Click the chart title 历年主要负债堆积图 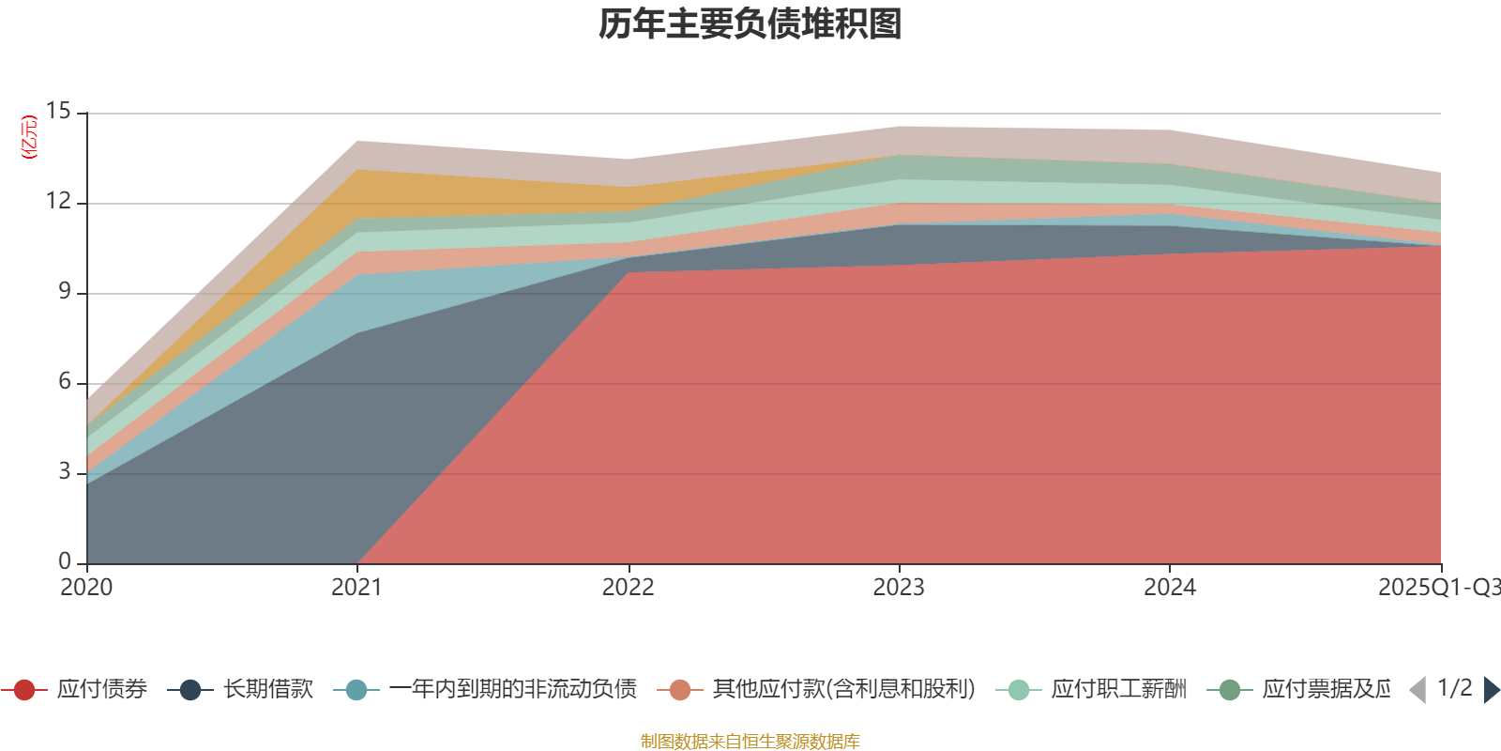[x=750, y=24]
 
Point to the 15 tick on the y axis [x=59, y=112]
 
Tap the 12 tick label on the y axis [x=59, y=202]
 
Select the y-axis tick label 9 [x=65, y=292]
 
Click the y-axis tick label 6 [x=65, y=382]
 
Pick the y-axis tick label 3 [x=65, y=472]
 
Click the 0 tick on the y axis [x=65, y=561]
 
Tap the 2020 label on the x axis [x=86, y=588]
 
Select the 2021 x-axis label [x=356, y=588]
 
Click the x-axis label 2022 [x=628, y=588]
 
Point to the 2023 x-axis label [x=899, y=588]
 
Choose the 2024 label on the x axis [x=1169, y=588]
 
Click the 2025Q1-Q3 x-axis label [x=1437, y=588]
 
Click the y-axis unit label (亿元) [x=30, y=137]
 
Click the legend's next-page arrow [x=1492, y=690]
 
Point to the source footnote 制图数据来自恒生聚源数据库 [x=750, y=742]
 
